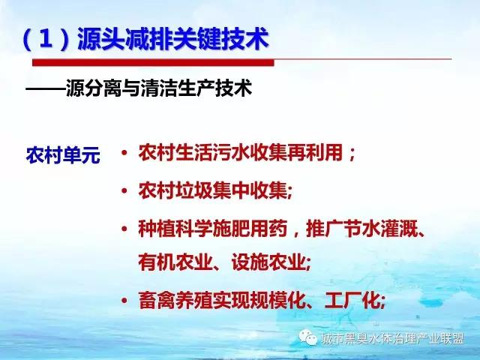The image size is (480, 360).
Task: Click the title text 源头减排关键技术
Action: (173, 39)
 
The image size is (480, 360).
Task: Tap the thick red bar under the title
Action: (153, 62)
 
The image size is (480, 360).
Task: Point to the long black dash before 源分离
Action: (46, 88)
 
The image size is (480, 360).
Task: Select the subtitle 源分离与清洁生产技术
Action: (159, 88)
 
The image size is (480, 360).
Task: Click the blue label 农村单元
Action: (63, 155)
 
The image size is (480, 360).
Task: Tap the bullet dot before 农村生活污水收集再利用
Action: (124, 152)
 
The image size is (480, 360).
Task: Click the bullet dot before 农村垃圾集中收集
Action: (124, 191)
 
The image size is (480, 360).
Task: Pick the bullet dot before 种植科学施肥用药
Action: (124, 229)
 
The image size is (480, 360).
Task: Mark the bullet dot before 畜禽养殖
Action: (124, 300)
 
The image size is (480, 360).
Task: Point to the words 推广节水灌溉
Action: (361, 229)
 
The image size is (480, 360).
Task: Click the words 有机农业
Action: (175, 262)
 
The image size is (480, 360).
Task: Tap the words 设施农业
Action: (268, 262)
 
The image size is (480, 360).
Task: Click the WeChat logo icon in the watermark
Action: (308, 337)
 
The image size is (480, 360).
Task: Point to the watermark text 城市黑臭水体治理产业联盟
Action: (393, 339)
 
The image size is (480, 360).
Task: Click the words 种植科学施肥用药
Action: (213, 229)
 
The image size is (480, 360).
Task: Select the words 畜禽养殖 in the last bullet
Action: (175, 300)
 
